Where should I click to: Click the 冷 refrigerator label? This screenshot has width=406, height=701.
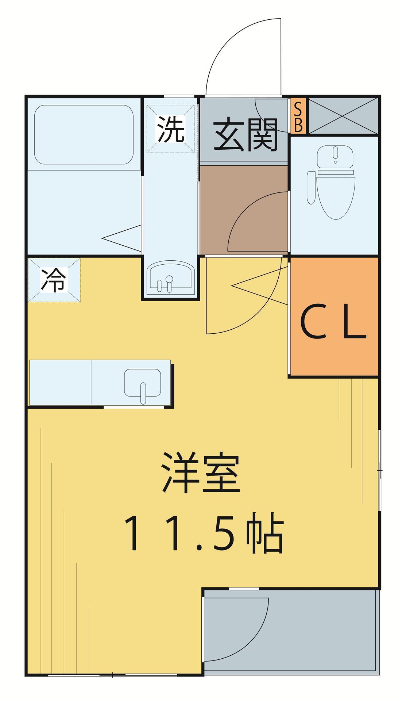coord(54,280)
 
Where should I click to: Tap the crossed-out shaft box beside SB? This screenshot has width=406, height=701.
coord(343,116)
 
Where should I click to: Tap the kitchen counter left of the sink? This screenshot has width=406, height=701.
coord(60,383)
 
